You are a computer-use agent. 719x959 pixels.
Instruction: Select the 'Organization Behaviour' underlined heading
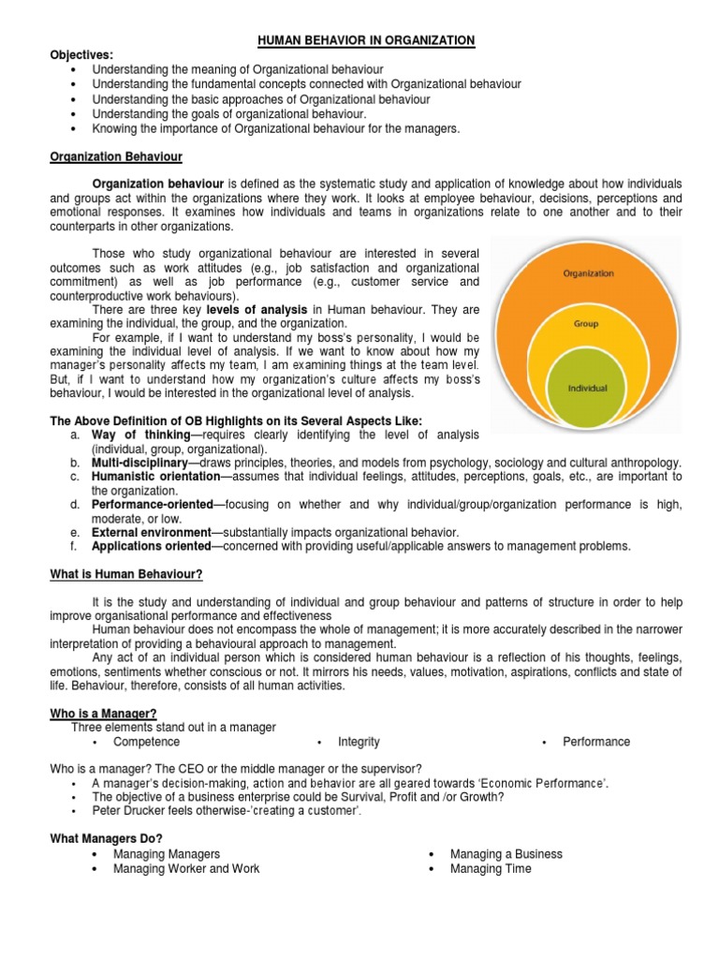pos(116,156)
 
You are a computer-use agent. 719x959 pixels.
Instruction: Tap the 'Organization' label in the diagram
pos(588,273)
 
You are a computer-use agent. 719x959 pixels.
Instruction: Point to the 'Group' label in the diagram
pos(586,324)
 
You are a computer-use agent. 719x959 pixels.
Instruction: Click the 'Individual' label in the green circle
pos(588,387)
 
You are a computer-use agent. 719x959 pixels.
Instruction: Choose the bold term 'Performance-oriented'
pos(153,505)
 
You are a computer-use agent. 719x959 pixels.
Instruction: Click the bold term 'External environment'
pos(151,532)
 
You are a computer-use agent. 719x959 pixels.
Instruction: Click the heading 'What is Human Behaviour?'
pos(126,574)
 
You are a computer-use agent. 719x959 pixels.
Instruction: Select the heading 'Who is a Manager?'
pos(103,714)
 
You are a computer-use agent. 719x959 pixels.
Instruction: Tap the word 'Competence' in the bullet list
pos(147,742)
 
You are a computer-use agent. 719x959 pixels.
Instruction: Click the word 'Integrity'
pos(359,742)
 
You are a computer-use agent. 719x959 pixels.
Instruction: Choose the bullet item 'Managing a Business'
pos(506,854)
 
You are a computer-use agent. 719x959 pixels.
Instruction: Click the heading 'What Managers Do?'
pos(106,839)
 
